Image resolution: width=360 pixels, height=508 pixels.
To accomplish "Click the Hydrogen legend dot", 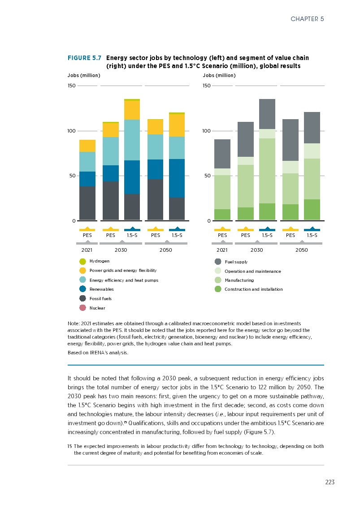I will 82,262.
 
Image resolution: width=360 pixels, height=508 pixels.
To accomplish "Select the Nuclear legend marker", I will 82,308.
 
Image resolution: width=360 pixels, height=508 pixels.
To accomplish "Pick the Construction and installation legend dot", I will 218,289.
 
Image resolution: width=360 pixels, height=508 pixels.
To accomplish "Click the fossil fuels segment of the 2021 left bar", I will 87,203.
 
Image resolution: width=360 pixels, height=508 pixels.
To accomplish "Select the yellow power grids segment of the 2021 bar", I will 87,146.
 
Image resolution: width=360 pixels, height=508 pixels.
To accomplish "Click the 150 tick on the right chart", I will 207,86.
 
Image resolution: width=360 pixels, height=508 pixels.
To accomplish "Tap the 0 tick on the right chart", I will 208,221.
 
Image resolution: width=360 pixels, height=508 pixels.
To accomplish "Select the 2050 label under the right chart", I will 302,250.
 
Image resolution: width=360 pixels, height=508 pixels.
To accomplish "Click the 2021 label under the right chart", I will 222,250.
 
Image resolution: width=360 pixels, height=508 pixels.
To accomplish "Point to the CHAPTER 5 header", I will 307,19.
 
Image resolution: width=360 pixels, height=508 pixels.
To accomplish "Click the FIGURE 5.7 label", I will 84,58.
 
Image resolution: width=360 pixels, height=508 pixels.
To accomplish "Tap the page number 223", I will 330,482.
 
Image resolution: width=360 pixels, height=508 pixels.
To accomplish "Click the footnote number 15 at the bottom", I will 70,446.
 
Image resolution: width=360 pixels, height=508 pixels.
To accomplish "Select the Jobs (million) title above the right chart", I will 219,75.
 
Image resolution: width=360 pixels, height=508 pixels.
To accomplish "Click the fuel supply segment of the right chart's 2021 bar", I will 222,154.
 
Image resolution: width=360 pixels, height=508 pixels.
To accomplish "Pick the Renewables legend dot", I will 82,289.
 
